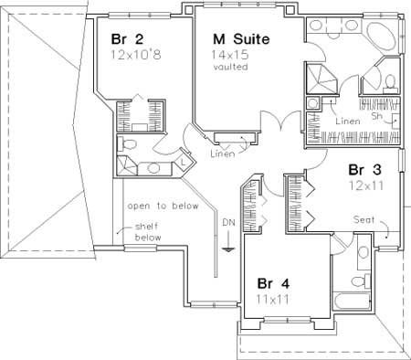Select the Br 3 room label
[363, 169]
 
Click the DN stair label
[228, 221]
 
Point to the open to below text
[163, 206]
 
